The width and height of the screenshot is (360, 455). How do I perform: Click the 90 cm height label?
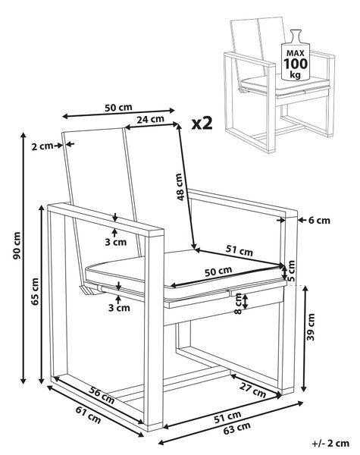[17, 246]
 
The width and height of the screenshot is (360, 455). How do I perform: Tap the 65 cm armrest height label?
[35, 291]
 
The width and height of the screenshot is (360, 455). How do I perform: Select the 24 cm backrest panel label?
[150, 119]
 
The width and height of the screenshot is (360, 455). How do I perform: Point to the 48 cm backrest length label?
[180, 187]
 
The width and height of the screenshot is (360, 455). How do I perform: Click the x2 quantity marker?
[202, 124]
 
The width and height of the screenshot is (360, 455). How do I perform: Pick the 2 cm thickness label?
[42, 146]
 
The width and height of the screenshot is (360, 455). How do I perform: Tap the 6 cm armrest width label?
[319, 221]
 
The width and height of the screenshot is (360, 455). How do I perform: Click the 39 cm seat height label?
[311, 327]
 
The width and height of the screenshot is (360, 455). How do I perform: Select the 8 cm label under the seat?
[238, 303]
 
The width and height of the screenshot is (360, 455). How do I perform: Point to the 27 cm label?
[252, 390]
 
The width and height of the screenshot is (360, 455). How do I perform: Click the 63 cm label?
[237, 428]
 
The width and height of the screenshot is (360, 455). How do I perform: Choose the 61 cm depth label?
[88, 414]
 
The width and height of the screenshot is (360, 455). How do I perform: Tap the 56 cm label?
[102, 395]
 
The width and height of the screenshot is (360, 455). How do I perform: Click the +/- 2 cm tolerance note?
[330, 444]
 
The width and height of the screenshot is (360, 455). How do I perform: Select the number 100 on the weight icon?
[296, 64]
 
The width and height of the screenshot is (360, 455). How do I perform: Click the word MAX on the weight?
[296, 53]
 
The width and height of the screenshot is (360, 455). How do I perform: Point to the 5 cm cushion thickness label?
[291, 271]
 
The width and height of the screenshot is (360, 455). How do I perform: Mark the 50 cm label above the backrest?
[118, 108]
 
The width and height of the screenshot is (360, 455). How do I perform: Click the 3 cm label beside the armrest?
[116, 242]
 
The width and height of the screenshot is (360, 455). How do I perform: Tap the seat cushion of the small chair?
[286, 84]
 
